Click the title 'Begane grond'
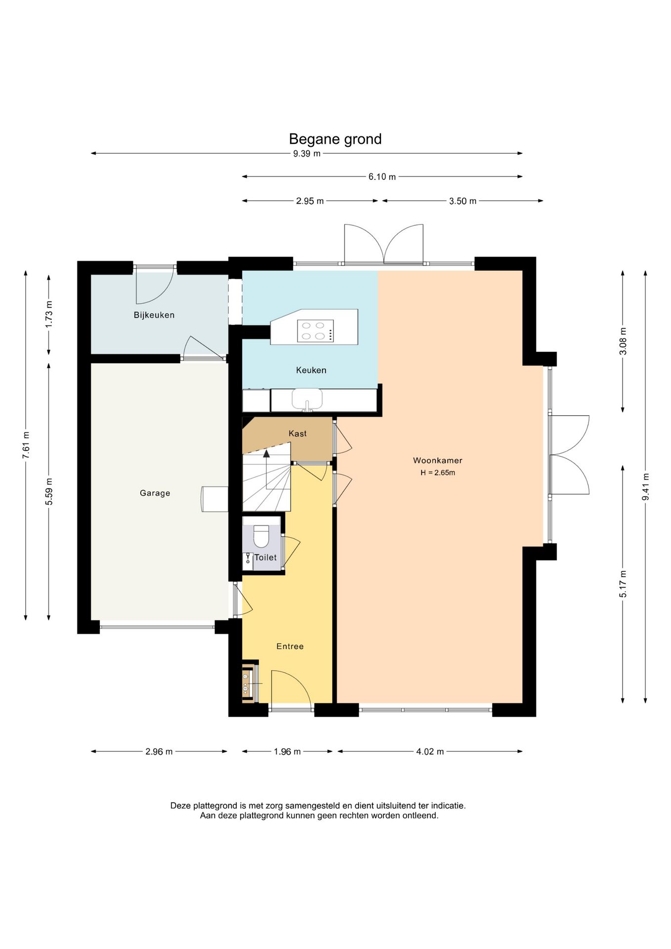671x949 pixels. pos(335,139)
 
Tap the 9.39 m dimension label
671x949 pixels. pos(307,154)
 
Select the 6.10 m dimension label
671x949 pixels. pos(382,177)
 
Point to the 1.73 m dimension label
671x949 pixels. pos(49,314)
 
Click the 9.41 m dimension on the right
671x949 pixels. pos(645,486)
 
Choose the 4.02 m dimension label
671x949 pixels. pos(430,752)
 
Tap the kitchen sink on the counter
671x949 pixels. pos(307,399)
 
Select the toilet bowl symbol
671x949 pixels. pos(261,536)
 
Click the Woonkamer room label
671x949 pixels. pos(438,461)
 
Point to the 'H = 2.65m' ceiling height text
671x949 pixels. pos(438,473)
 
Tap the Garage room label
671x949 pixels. pos(155,493)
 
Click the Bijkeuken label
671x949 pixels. pos(154,315)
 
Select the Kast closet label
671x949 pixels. pos(297,433)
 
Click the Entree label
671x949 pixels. pos(290,647)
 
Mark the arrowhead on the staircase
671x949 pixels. pos(266,453)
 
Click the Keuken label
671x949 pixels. pos(311,370)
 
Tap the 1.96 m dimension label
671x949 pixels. pos(287,752)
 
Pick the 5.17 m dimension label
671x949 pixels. pos(623,584)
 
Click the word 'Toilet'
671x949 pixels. pos(265,558)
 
